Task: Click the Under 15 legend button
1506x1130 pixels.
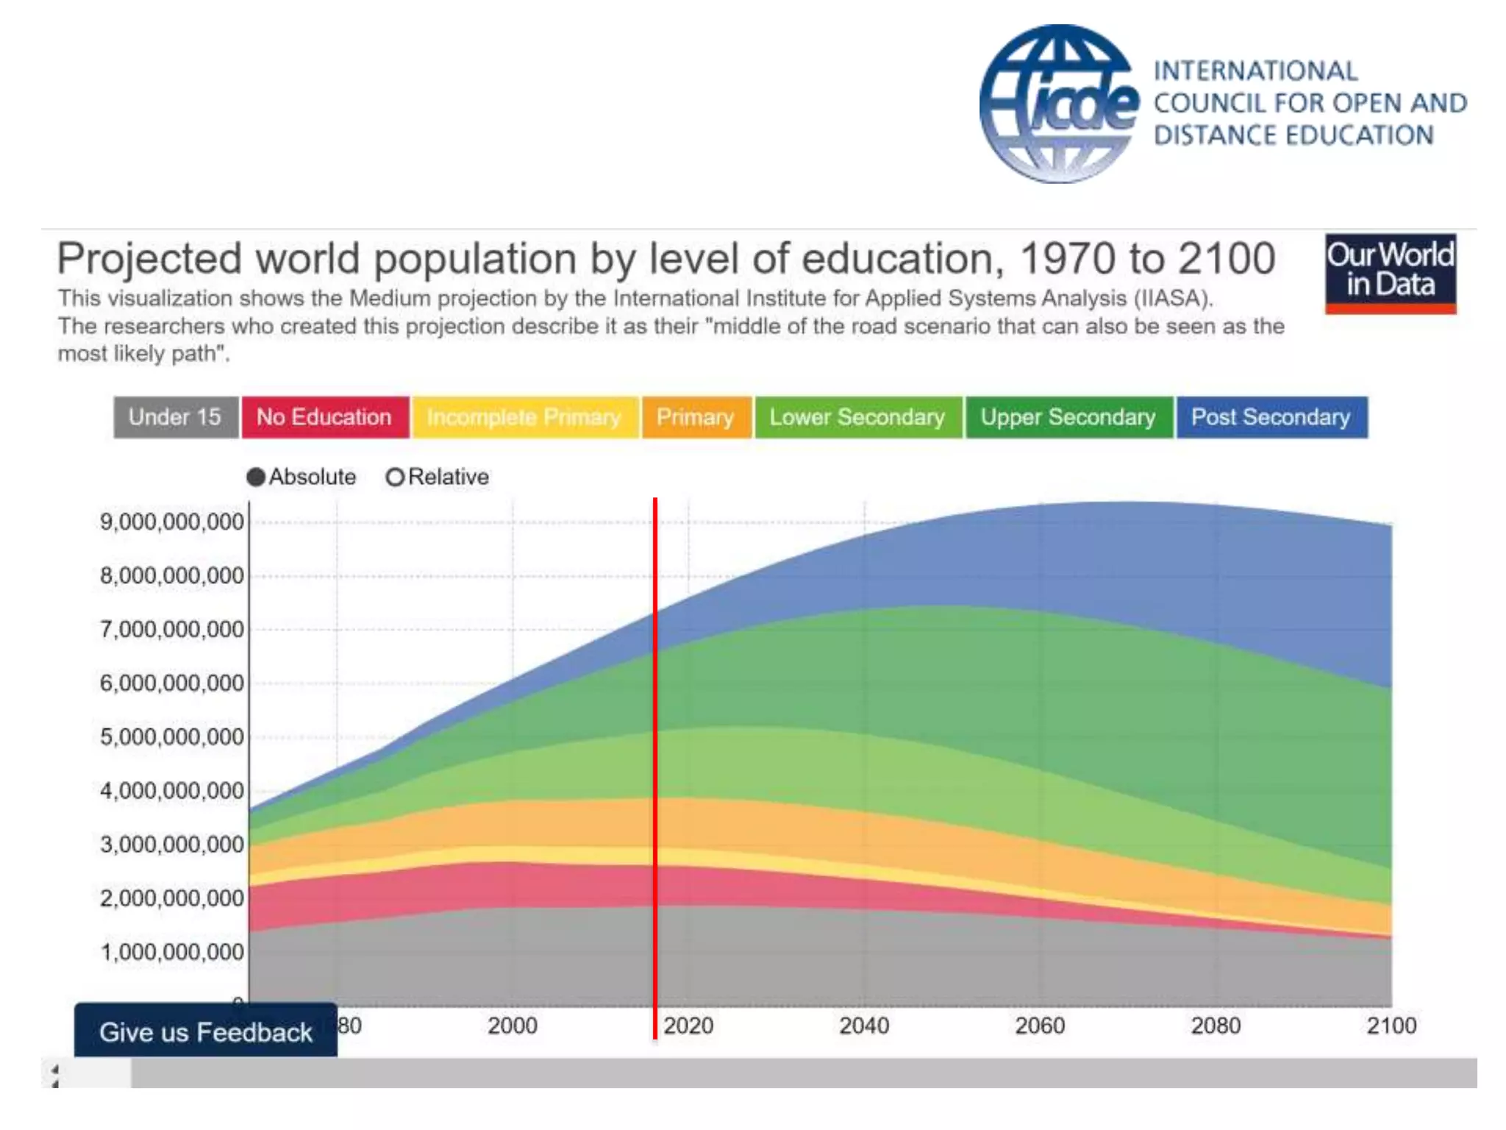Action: pyautogui.click(x=176, y=417)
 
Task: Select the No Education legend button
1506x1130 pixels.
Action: pyautogui.click(x=325, y=417)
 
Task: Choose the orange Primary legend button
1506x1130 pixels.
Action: pyautogui.click(x=696, y=417)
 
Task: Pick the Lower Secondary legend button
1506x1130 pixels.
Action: pyautogui.click(x=858, y=417)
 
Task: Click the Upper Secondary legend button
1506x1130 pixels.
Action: pyautogui.click(x=1068, y=417)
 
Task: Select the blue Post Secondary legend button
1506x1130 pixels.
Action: pyautogui.click(x=1271, y=417)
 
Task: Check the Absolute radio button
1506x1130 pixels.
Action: pyautogui.click(x=256, y=477)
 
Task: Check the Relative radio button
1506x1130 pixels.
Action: pyautogui.click(x=395, y=477)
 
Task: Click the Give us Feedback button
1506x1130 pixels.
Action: pyautogui.click(x=206, y=1031)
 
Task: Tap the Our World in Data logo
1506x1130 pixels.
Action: pyautogui.click(x=1390, y=273)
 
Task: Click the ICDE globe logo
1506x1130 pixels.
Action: pyautogui.click(x=1059, y=104)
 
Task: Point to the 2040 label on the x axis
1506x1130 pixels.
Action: pyautogui.click(x=864, y=1026)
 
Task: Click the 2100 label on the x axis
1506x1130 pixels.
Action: pyautogui.click(x=1391, y=1026)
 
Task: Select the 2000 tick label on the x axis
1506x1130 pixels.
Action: pyautogui.click(x=513, y=1026)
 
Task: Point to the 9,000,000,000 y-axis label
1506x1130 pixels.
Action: pyautogui.click(x=171, y=522)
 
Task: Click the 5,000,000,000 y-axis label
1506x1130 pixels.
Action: pyautogui.click(x=171, y=736)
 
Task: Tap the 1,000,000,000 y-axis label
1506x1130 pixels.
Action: pyautogui.click(x=171, y=952)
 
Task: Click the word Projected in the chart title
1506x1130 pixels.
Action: pyautogui.click(x=149, y=259)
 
